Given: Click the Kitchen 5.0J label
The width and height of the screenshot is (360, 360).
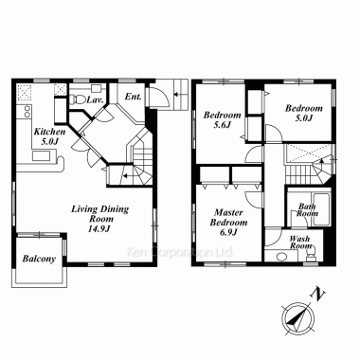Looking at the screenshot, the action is (49, 136).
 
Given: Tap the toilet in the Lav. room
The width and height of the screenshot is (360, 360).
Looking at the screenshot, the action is (78, 99).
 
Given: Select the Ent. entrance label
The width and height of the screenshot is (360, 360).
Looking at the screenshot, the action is (133, 97).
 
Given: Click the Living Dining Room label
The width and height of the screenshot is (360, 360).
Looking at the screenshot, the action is (99, 219).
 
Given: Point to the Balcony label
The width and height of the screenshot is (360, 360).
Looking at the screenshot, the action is (39, 259).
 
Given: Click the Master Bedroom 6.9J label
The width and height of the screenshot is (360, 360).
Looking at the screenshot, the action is (228, 222).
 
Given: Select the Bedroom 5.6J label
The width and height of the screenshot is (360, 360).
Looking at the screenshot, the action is (222, 119).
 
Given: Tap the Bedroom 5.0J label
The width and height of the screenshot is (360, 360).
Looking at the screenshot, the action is (304, 113).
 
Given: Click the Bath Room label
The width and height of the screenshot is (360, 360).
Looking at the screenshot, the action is (307, 210).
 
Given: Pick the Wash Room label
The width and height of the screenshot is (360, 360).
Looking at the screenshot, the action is (300, 243).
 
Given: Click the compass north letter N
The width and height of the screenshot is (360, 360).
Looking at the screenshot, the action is (318, 295).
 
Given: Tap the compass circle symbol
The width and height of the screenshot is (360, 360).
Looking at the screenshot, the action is (298, 318).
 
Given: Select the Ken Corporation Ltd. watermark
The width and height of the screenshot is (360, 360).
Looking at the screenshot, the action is (180, 252).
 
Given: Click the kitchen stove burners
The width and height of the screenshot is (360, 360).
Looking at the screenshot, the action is (27, 111).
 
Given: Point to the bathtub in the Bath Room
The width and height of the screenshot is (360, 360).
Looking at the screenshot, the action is (321, 208).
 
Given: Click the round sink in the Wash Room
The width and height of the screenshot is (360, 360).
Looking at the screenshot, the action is (281, 257).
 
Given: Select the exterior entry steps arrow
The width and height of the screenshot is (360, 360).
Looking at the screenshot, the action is (178, 94).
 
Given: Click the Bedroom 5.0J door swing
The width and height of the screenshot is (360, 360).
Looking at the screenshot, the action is (274, 134).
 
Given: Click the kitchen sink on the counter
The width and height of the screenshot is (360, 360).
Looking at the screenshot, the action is (41, 155).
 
